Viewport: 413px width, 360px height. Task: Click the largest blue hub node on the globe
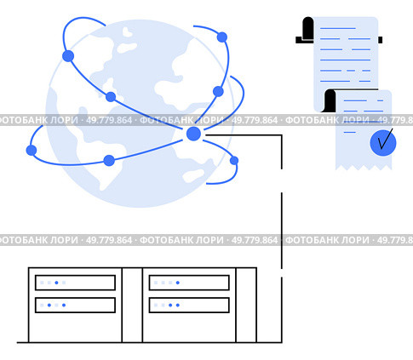[193, 134]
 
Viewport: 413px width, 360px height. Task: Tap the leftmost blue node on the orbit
[32, 150]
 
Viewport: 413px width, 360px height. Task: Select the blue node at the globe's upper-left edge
[68, 56]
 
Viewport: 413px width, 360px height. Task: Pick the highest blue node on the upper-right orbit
[222, 37]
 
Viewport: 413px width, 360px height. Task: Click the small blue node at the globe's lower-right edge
[234, 161]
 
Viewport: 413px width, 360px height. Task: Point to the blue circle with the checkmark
[383, 143]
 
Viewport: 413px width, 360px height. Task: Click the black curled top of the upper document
[308, 28]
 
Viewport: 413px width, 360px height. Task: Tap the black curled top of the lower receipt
[330, 100]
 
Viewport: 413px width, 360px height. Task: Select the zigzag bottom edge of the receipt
[364, 168]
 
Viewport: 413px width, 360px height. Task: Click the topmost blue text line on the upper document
[338, 28]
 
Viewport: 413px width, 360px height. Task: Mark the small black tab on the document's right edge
[380, 40]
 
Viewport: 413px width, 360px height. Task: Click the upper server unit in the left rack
[75, 283]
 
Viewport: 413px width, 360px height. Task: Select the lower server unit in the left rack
[75, 306]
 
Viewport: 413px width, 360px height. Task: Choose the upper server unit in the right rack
[189, 283]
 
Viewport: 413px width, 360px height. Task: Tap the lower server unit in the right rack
[189, 306]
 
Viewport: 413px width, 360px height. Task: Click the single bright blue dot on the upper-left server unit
[56, 283]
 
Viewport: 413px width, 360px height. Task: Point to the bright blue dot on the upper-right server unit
[178, 283]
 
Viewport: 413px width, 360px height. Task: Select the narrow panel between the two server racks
[132, 305]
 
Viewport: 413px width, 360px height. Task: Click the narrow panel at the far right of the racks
[246, 305]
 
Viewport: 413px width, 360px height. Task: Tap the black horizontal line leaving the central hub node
[244, 135]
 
